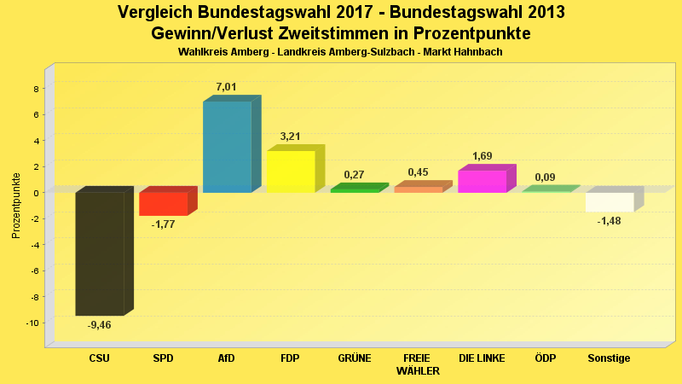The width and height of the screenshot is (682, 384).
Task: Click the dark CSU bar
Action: point(100,253)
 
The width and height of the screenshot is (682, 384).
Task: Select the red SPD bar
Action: point(163,204)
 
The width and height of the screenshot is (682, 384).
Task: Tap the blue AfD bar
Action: point(227,147)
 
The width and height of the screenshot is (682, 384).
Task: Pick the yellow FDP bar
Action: point(291,172)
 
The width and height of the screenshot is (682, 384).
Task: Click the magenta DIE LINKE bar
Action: point(482,181)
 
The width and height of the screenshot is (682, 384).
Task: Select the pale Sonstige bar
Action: point(610,201)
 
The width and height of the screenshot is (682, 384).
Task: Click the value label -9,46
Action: point(100,325)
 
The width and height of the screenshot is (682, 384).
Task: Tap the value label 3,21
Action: point(292,137)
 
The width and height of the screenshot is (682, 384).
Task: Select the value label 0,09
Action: point(546,177)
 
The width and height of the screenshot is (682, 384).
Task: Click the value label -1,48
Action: point(610,222)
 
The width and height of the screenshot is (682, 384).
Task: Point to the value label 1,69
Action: point(483,156)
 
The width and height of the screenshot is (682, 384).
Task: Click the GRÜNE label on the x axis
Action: point(355,358)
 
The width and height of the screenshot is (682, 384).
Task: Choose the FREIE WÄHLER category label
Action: point(418,364)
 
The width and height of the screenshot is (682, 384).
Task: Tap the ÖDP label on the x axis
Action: point(546,358)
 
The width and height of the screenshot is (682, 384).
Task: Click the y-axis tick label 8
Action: point(36,89)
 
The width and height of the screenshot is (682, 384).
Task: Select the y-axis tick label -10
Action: point(33,323)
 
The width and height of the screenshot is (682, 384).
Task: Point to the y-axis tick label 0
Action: point(36,193)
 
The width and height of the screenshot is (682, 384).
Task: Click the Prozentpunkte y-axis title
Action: point(16,206)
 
